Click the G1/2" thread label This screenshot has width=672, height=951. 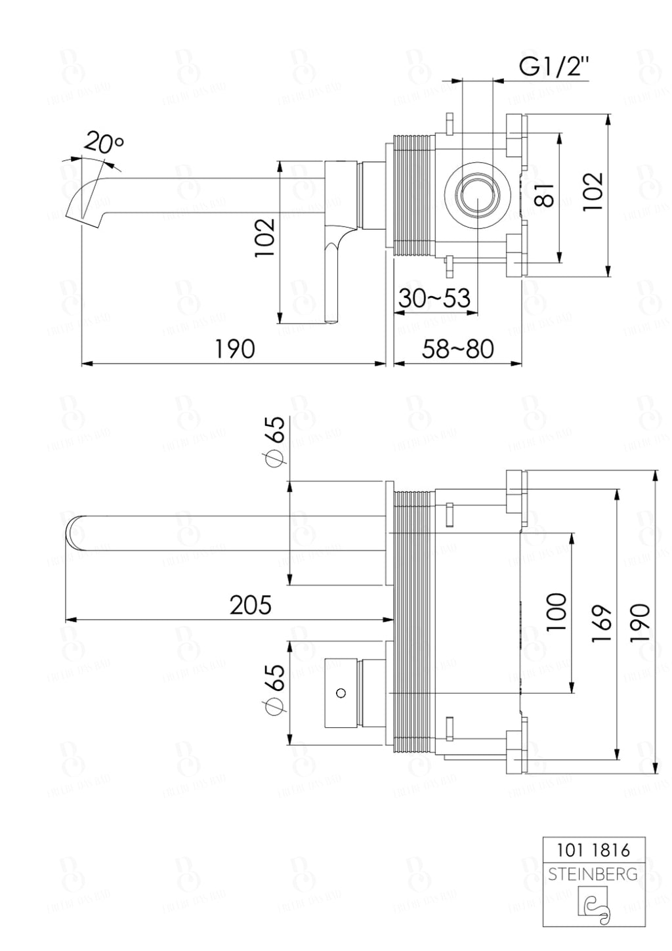tap(555, 67)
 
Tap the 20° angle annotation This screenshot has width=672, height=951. tap(104, 143)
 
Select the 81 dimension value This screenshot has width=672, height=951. tap(544, 195)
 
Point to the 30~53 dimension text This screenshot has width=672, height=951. tap(434, 298)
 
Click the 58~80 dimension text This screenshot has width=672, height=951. tap(457, 349)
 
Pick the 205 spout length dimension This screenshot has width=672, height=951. tap(250, 605)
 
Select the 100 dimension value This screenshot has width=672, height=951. tap(556, 612)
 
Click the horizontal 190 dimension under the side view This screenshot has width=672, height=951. tap(234, 349)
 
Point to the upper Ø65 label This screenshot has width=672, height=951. tap(275, 442)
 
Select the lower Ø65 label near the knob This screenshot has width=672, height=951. tap(275, 688)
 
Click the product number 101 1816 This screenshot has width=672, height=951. tap(593, 850)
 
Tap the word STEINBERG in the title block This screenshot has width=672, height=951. tap(593, 874)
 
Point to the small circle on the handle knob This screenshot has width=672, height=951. tap(340, 692)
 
